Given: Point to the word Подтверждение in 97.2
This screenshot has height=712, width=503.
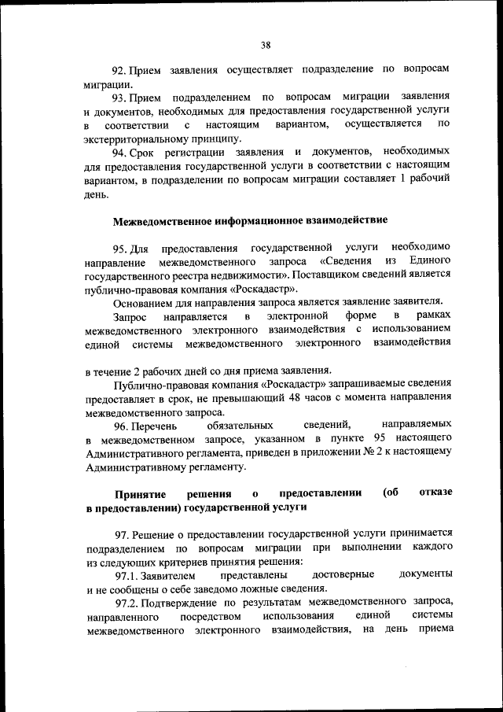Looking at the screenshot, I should [181, 603].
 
